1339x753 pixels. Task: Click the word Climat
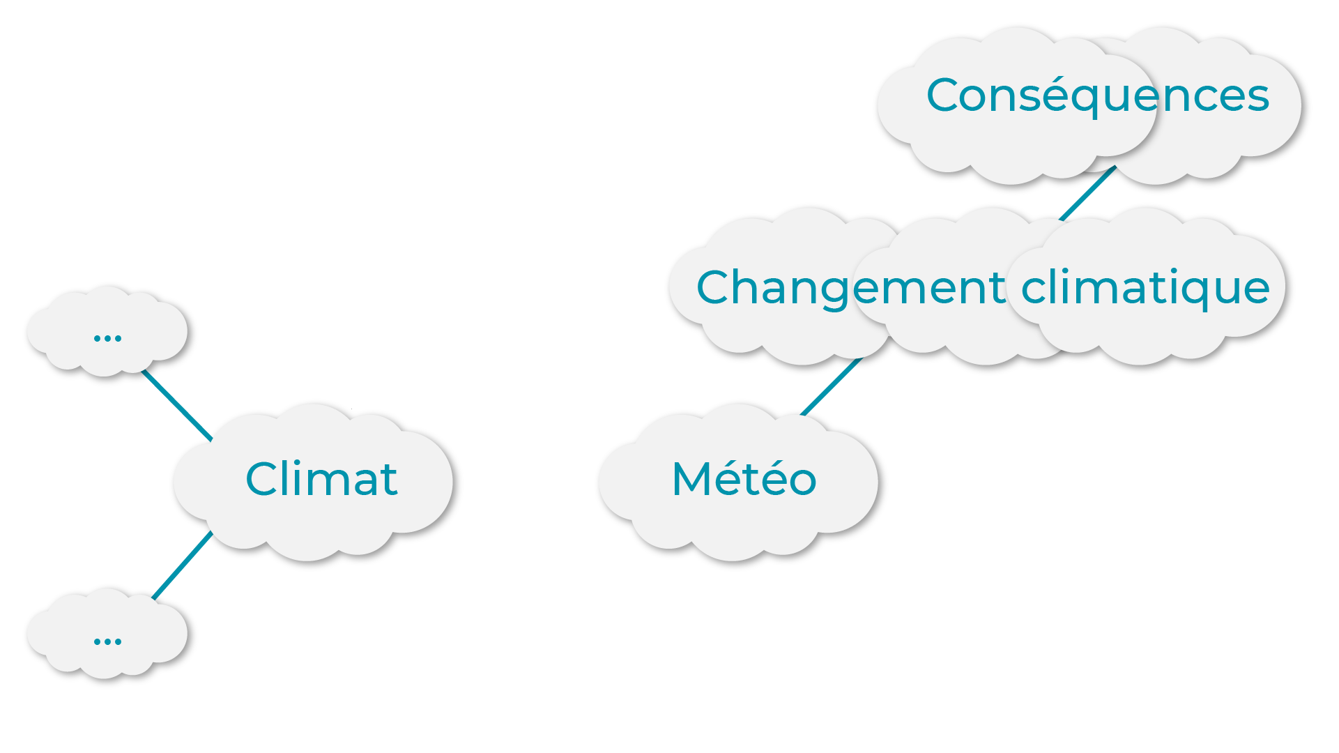coord(321,479)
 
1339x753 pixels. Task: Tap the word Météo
coord(744,479)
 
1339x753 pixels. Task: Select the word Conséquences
coord(1098,96)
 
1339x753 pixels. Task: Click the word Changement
coord(850,287)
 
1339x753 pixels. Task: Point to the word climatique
coord(1145,287)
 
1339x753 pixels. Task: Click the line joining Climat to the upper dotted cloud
coord(176,406)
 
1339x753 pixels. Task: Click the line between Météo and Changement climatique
coord(831,387)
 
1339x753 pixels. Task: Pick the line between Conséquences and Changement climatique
coord(1087,194)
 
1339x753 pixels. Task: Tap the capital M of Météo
coord(693,479)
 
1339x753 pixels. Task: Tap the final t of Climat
coord(389,480)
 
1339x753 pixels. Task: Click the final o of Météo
coord(802,481)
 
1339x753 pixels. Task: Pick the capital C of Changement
coord(715,287)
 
